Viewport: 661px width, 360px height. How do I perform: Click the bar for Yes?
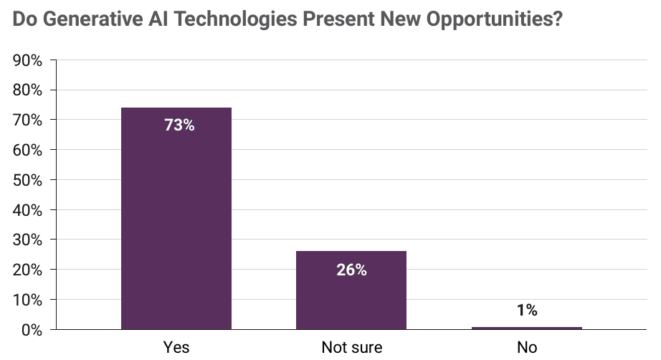[176, 218]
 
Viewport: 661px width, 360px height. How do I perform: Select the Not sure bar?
[351, 290]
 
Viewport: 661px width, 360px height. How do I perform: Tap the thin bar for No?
[526, 328]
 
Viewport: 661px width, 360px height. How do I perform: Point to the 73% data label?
[179, 125]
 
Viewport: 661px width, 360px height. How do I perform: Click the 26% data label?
[351, 270]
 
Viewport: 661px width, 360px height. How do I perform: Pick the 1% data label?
[527, 311]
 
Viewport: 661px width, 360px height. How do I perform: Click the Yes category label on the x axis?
[176, 347]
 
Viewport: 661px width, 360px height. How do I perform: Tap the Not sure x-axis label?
[351, 347]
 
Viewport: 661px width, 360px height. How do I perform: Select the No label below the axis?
[527, 347]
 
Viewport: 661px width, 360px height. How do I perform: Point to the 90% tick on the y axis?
[28, 61]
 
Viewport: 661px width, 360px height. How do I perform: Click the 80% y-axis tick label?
[28, 90]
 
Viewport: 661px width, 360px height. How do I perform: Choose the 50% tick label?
[28, 180]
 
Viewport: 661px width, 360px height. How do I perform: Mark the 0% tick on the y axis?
[32, 330]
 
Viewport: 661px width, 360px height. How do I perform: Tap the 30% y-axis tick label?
[28, 240]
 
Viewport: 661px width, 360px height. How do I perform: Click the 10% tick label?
[28, 300]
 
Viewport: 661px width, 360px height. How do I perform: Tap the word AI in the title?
[158, 19]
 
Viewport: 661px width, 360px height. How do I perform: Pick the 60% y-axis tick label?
[28, 150]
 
